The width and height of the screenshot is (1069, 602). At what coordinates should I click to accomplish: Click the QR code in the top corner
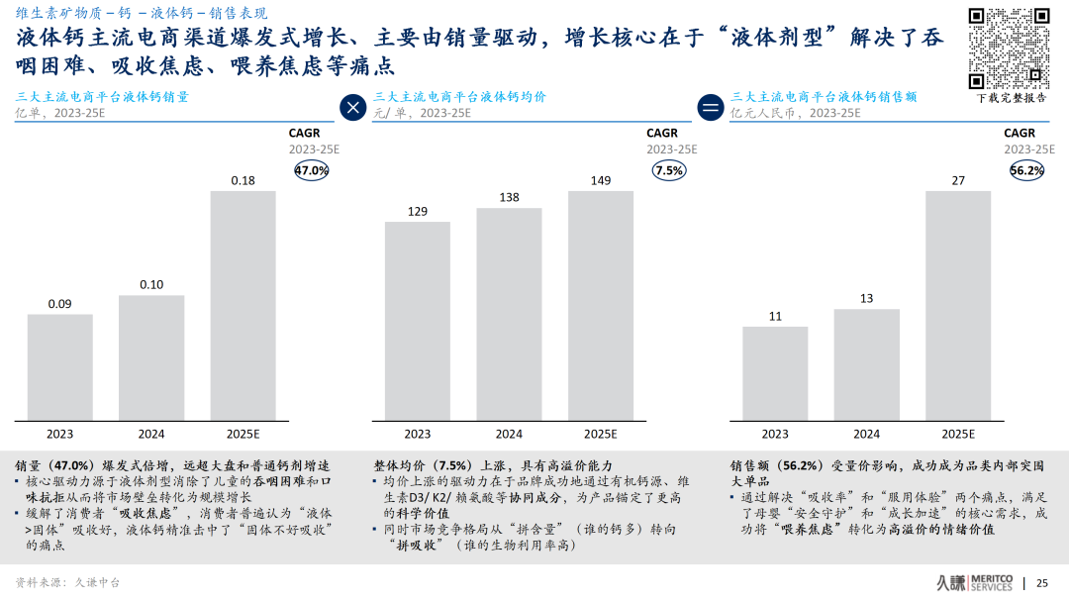pyautogui.click(x=1009, y=48)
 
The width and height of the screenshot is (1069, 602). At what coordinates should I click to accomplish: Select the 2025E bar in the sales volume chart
pyautogui.click(x=243, y=304)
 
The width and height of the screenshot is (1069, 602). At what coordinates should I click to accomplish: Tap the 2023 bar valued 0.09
pyautogui.click(x=59, y=366)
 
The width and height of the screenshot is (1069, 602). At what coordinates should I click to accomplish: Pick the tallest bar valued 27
pyautogui.click(x=957, y=304)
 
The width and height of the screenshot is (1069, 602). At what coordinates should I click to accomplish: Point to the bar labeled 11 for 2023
pyautogui.click(x=775, y=372)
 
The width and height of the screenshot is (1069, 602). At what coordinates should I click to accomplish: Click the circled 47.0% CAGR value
pyautogui.click(x=312, y=170)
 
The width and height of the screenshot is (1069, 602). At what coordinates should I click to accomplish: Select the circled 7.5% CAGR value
pyautogui.click(x=669, y=170)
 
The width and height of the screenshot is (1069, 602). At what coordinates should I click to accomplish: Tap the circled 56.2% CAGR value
pyautogui.click(x=1026, y=170)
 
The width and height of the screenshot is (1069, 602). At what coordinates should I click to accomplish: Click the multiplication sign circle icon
pyautogui.click(x=352, y=107)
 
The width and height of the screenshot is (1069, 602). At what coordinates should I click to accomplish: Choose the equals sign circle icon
pyautogui.click(x=711, y=107)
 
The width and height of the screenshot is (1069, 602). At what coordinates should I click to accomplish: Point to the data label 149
pyautogui.click(x=600, y=180)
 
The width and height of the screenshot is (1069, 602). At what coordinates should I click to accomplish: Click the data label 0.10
pyautogui.click(x=151, y=285)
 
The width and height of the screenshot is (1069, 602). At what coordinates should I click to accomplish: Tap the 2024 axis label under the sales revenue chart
pyautogui.click(x=866, y=434)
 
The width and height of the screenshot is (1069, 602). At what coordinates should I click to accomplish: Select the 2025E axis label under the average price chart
pyautogui.click(x=600, y=434)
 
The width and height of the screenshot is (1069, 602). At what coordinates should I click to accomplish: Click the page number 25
pyautogui.click(x=1041, y=582)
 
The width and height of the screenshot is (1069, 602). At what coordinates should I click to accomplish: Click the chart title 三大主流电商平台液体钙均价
pyautogui.click(x=459, y=97)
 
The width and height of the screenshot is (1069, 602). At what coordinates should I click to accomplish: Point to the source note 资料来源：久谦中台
pyautogui.click(x=67, y=582)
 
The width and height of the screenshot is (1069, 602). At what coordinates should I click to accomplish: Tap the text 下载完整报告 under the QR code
pyautogui.click(x=1012, y=98)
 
